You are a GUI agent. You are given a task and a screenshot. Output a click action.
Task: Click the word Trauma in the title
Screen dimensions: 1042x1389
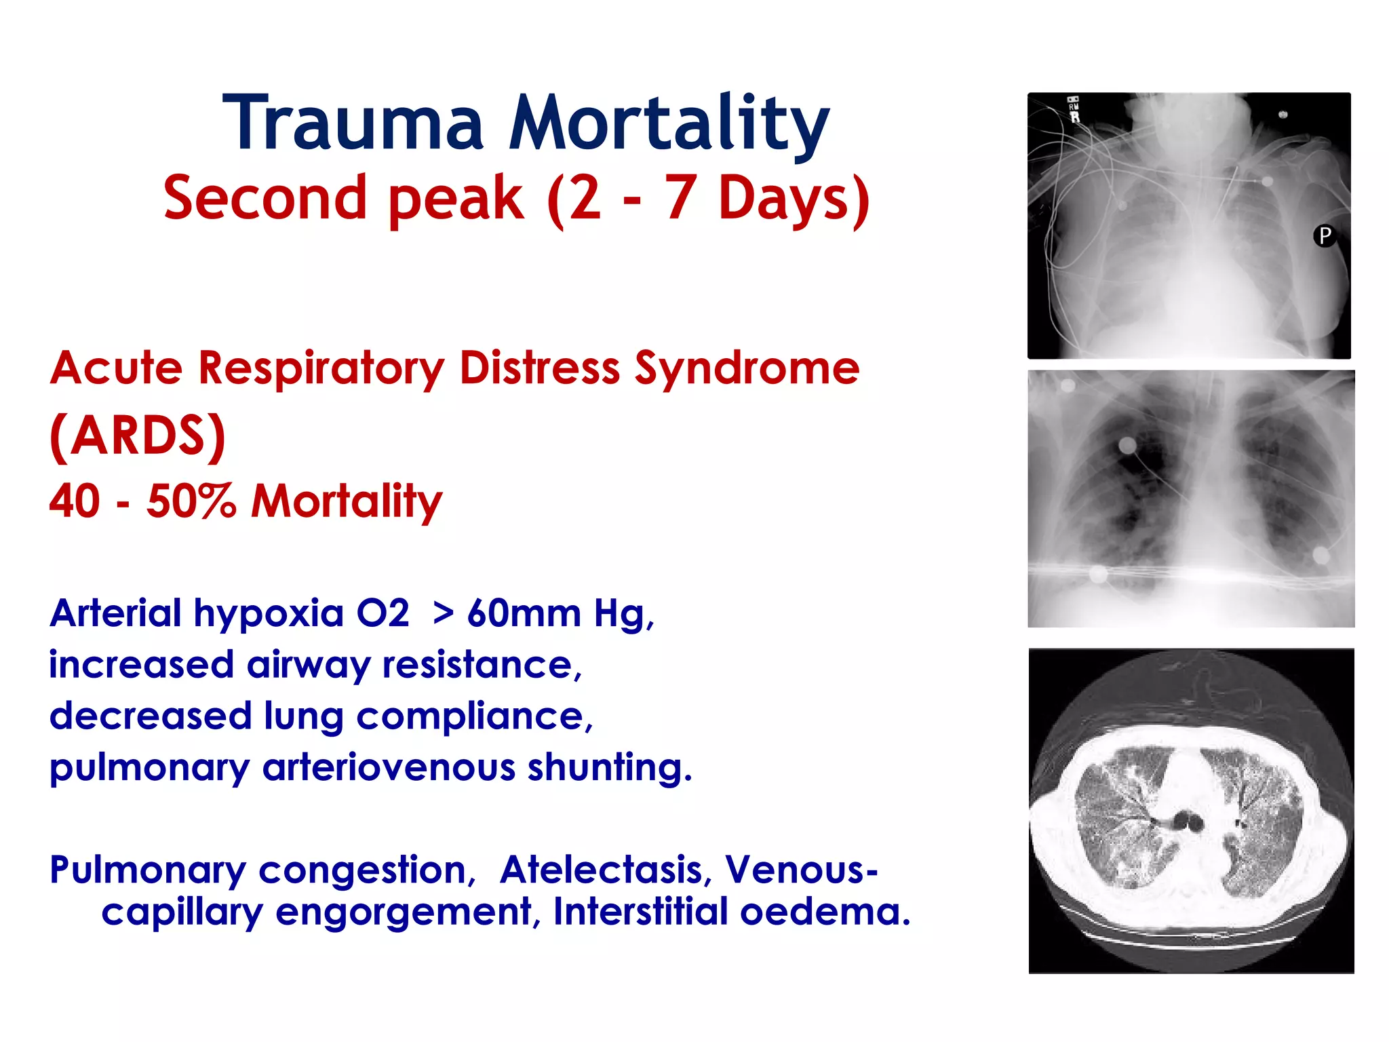click(x=353, y=123)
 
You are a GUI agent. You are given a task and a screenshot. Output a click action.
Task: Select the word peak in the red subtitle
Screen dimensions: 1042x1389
click(x=456, y=198)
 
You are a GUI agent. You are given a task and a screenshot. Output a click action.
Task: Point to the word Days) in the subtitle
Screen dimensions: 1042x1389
click(x=794, y=198)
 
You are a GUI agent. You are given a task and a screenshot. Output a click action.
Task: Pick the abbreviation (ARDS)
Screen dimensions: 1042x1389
click(x=138, y=436)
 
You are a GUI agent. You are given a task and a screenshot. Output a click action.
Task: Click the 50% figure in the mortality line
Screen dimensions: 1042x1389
click(x=191, y=501)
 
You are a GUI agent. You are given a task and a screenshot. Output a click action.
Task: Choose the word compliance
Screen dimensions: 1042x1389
click(x=474, y=717)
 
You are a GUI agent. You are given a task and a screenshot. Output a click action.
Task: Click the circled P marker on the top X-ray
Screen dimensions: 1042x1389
click(x=1324, y=236)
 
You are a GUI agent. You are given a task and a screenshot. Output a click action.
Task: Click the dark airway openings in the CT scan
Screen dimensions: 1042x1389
click(x=1189, y=822)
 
